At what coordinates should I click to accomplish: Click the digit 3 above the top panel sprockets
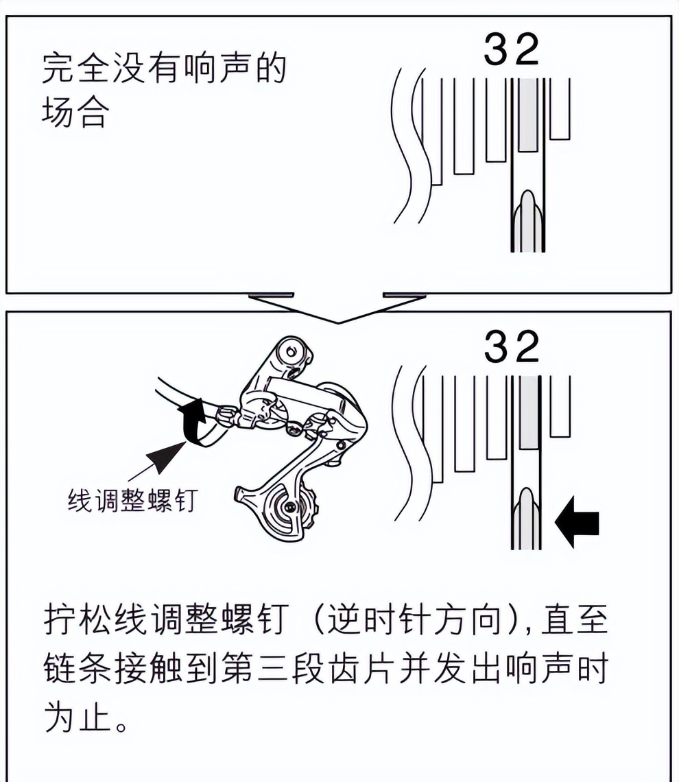click(x=497, y=50)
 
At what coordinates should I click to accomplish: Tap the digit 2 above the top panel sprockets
click(x=526, y=50)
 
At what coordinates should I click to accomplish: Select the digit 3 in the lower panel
click(x=497, y=348)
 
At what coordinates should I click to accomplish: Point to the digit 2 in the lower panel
click(x=526, y=348)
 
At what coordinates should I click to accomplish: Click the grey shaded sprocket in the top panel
click(x=527, y=115)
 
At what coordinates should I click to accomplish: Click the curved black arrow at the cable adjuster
click(x=194, y=423)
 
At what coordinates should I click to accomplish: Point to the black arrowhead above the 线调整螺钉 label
click(x=166, y=456)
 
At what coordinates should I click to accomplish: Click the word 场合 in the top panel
click(x=75, y=113)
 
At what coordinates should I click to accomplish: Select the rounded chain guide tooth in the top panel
click(x=527, y=213)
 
